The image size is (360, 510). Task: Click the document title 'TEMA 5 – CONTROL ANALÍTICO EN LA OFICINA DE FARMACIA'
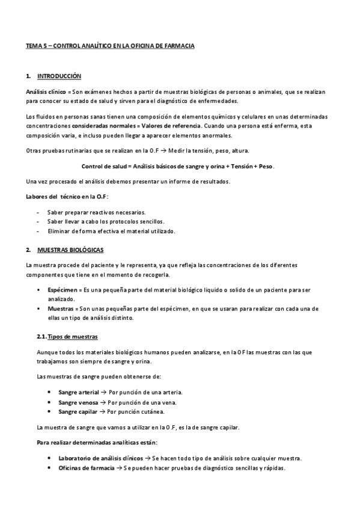tap(110, 45)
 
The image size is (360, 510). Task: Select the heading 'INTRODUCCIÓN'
tap(59, 76)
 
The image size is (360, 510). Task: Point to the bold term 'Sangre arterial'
tap(79, 392)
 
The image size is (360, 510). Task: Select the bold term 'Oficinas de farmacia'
tap(87, 468)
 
